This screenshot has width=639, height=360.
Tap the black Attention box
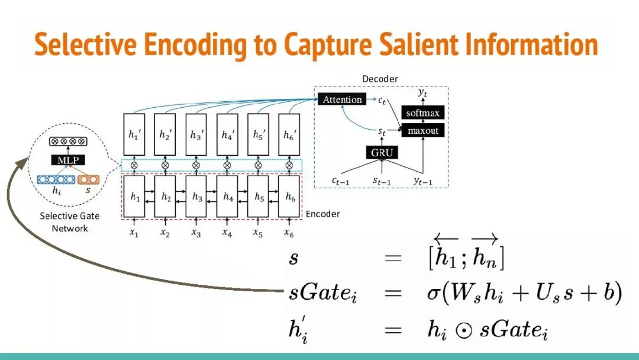click(x=342, y=99)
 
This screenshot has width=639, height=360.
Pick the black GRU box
click(x=382, y=152)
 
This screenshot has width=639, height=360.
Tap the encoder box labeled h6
click(x=289, y=197)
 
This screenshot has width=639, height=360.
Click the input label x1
click(x=134, y=233)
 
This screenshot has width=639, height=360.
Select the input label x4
click(x=227, y=233)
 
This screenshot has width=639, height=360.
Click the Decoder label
click(x=380, y=79)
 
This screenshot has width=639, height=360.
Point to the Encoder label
click(x=322, y=214)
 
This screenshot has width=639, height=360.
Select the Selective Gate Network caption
click(x=69, y=222)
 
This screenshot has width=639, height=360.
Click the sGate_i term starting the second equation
click(x=318, y=293)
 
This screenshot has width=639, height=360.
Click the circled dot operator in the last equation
click(x=466, y=330)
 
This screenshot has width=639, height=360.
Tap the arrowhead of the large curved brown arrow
click(x=20, y=161)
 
